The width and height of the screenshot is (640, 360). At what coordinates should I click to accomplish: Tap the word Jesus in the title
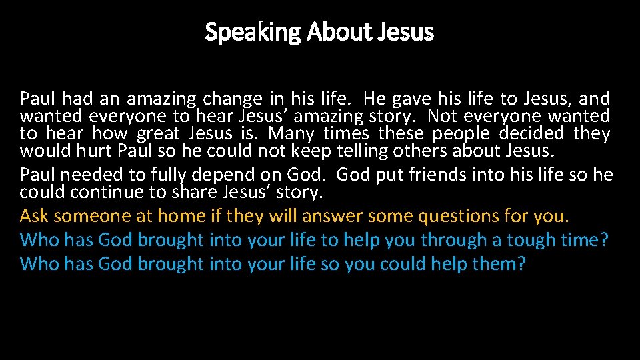[407, 31]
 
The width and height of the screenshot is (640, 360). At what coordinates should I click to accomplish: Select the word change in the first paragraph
[233, 99]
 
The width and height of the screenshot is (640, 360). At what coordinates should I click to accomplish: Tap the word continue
[97, 193]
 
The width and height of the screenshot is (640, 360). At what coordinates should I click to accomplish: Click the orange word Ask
[35, 217]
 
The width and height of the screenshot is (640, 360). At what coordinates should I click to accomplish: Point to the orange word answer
[331, 217]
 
